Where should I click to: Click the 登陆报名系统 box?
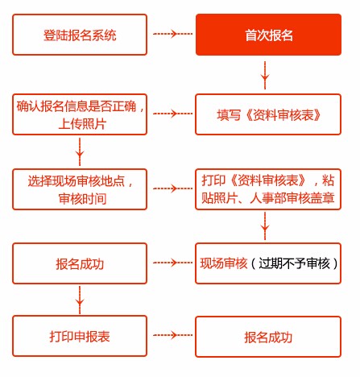tap(80, 35)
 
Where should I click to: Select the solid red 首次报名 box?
tap(268, 35)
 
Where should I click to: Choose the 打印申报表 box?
tap(80, 336)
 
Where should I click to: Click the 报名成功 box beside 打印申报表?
tap(268, 336)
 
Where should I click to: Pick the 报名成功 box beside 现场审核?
tap(80, 263)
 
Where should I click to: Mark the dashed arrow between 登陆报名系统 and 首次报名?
tap(172, 35)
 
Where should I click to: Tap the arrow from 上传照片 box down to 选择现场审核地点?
tap(80, 150)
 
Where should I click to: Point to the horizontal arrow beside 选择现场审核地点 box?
tap(172, 188)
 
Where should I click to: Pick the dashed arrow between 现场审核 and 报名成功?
tap(172, 263)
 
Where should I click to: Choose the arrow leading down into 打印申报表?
tap(80, 300)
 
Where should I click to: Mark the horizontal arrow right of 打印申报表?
tap(172, 336)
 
